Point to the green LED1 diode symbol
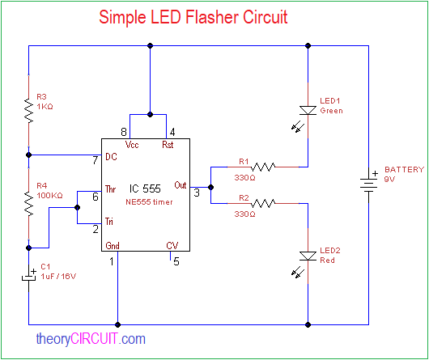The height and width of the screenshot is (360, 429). pyautogui.click(x=308, y=110)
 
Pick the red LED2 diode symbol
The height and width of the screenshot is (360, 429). pyautogui.click(x=308, y=256)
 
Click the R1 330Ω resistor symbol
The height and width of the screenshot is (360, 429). pyautogui.click(x=264, y=167)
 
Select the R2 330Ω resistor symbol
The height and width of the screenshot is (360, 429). pyautogui.click(x=264, y=204)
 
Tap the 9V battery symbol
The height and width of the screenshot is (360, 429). pyautogui.click(x=369, y=182)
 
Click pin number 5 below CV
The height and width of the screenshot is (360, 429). pyautogui.click(x=176, y=261)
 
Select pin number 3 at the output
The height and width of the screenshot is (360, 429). pyautogui.click(x=197, y=191)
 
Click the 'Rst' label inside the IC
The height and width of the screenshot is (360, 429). pyautogui.click(x=168, y=145)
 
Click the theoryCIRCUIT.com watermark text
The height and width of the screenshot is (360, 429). pyautogui.click(x=91, y=340)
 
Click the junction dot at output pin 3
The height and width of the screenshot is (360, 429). pyautogui.click(x=210, y=186)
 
